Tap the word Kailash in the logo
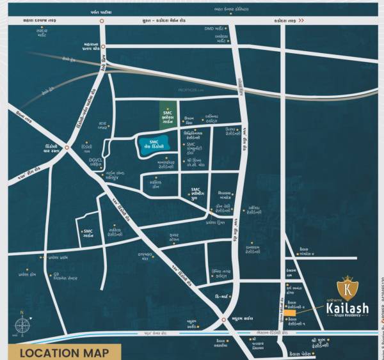click(348, 309)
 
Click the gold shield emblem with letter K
click(347, 286)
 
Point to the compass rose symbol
click(22, 325)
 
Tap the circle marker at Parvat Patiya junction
click(102, 20)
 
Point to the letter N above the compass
click(22, 313)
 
